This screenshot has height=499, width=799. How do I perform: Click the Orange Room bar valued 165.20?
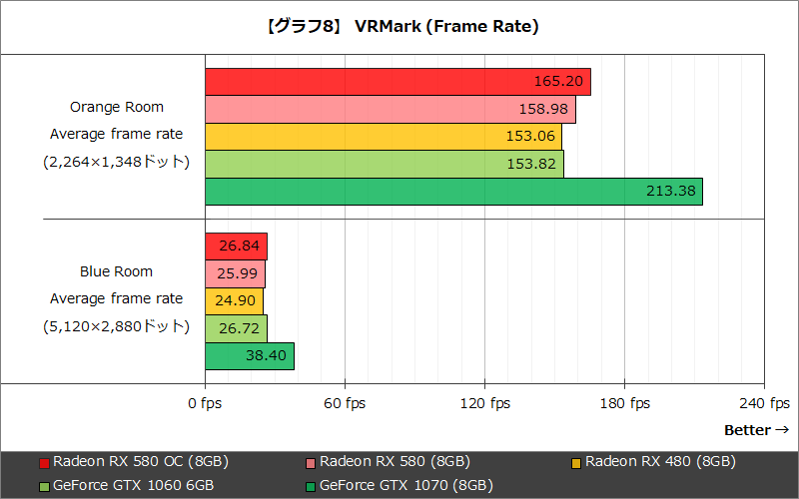pos(398,82)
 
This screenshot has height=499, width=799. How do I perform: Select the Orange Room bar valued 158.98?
pos(391,109)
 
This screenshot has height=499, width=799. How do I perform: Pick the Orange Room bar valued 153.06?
pos(384,137)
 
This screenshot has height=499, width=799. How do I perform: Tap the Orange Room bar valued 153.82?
pos(385,164)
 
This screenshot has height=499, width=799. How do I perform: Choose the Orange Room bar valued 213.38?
pos(453,192)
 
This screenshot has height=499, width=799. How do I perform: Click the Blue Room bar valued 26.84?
pos(236,247)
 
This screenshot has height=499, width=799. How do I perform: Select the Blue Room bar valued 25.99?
pos(235,273)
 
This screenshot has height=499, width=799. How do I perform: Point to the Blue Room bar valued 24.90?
pos(234,301)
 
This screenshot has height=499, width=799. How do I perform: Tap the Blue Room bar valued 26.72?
pos(236,328)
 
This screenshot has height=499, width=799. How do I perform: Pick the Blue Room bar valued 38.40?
pos(250,356)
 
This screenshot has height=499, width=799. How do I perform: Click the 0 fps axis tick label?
pos(206,403)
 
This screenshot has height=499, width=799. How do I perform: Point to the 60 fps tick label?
pos(346,403)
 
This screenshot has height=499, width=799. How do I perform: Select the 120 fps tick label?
pos(485,403)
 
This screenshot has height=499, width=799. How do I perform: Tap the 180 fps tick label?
pos(625,403)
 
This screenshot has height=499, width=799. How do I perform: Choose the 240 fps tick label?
pos(765,403)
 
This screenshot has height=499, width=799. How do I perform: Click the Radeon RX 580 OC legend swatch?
pos(44,463)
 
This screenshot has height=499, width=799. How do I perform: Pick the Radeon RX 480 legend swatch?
pos(576,463)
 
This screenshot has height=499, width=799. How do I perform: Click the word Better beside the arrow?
pos(747,430)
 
